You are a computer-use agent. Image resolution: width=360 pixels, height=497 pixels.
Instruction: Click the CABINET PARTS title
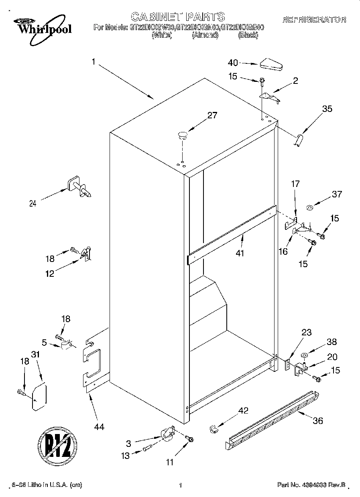point(178,17)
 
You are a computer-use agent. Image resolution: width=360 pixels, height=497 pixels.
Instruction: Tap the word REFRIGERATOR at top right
point(314,19)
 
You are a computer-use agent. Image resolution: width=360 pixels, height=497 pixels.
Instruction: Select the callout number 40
point(233,63)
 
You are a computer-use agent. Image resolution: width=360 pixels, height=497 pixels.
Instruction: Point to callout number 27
point(212,116)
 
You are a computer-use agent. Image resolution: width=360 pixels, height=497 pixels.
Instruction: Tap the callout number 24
point(33,203)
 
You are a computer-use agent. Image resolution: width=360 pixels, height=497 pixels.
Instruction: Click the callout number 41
point(240,253)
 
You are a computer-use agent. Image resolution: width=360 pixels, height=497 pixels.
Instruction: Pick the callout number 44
point(99,427)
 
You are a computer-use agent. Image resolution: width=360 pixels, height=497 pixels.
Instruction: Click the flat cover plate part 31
point(39,397)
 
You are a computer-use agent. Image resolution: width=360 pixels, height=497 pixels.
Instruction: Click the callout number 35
point(327,108)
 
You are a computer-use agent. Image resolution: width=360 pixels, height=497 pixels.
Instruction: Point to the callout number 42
point(243,410)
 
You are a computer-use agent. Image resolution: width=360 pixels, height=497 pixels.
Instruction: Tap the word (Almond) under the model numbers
point(205,35)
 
